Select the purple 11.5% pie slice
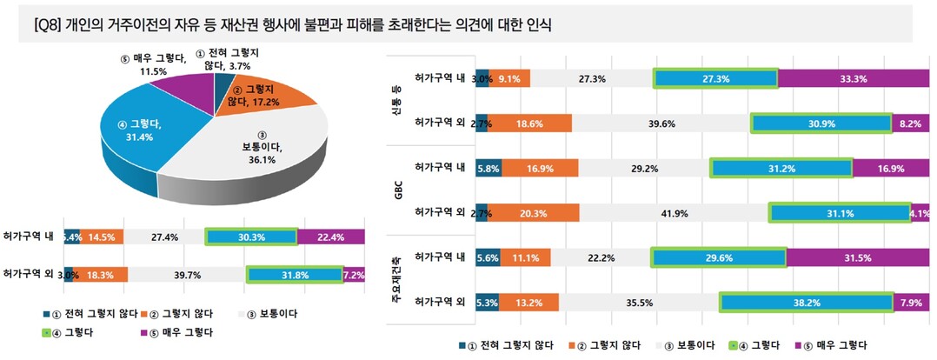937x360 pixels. point(177,86)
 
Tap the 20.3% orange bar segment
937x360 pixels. point(538,213)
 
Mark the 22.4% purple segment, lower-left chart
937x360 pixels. point(331,237)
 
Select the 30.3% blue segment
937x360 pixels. point(251,237)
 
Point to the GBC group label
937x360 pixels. point(398,190)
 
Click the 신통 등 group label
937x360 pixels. point(398,100)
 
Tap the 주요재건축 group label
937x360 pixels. point(398,280)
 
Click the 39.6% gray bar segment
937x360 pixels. point(661,123)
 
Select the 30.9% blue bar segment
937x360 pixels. point(821,123)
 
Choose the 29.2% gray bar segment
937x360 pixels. point(644,168)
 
